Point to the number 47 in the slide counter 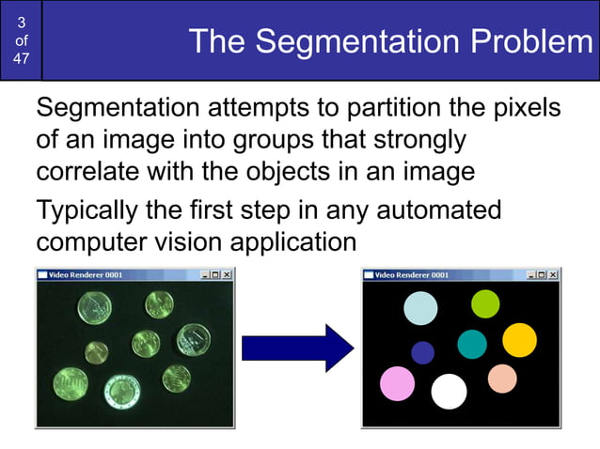point(21,59)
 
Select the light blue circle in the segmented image point(420,308)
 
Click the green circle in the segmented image point(484,303)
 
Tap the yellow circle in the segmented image point(518,339)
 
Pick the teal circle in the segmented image point(472,344)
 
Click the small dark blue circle point(423,352)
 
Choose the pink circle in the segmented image point(397,383)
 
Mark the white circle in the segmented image point(449,392)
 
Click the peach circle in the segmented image point(502,379)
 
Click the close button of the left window point(227,275)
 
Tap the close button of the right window point(553,275)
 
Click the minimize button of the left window point(206,275)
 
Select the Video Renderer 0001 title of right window point(412,275)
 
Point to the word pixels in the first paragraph point(527,108)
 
